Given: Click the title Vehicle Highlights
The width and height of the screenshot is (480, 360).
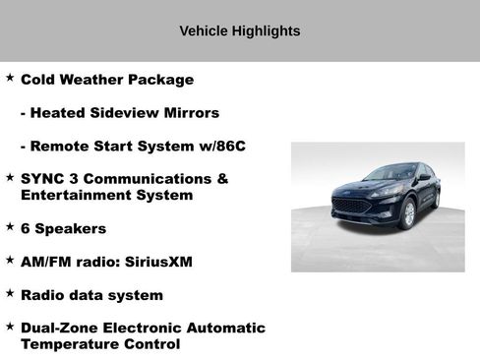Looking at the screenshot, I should [240, 31].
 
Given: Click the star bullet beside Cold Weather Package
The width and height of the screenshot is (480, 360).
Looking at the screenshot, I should [9, 78].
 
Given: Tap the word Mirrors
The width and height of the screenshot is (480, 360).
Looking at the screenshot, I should [191, 113].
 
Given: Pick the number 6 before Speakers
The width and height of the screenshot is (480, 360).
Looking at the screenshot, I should [26, 228].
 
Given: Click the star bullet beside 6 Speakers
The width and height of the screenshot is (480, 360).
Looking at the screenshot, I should [9, 226].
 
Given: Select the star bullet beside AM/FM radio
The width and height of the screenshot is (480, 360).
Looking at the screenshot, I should [9, 260].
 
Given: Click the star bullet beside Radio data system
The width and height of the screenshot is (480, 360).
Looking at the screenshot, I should [9, 292].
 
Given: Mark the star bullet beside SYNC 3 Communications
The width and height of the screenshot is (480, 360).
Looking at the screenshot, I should [9, 177].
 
